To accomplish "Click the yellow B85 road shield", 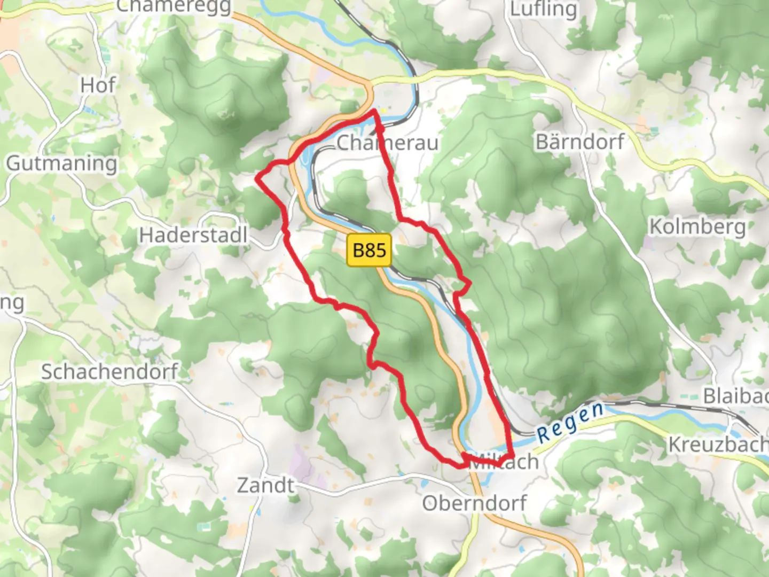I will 369,249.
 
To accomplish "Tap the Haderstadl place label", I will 193,235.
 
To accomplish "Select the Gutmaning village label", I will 61,163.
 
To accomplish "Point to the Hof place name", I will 98,85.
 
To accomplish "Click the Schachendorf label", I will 109,371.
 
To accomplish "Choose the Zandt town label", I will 265,485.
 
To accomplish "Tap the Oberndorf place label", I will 474,503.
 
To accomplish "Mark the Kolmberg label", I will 697,227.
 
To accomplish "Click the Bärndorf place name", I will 580,142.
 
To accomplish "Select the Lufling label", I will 543,9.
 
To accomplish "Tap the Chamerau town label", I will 388,143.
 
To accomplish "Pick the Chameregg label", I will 174,6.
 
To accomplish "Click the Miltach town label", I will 505,461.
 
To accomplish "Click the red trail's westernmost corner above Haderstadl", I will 257,180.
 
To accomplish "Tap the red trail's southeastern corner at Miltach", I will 512,454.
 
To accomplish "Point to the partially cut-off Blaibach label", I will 735,396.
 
